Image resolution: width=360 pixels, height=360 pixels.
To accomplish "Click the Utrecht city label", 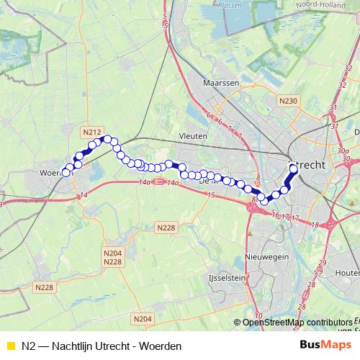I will coord(307,165).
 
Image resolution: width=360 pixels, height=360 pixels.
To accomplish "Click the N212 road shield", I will coord(91,132).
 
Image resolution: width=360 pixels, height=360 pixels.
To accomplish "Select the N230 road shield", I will coord(288,101).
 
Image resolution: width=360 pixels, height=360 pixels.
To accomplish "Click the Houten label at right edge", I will coord(348,273).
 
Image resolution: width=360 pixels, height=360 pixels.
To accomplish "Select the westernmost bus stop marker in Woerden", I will coord(66,173).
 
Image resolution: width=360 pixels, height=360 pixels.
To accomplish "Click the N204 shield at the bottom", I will coord(143,318).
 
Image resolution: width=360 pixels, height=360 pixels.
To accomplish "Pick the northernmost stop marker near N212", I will coord(107,139).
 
